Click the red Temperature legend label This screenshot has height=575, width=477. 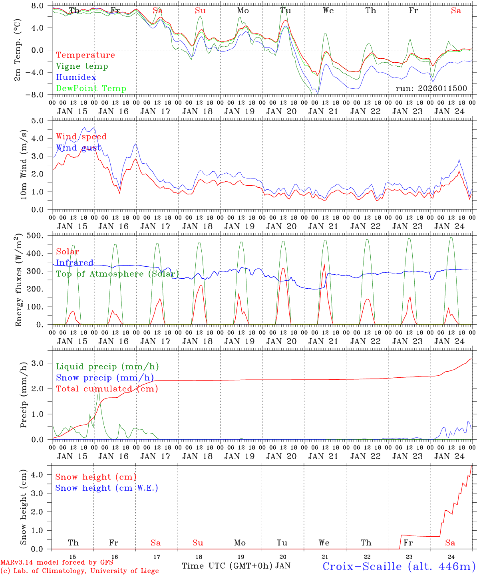85,55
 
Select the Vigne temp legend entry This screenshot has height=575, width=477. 82,66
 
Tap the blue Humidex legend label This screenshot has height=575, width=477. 76,77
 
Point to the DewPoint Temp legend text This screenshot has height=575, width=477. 91,89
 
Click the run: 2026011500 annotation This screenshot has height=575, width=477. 431,89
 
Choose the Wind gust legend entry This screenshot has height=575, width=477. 78,148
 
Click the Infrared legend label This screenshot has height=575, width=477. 75,263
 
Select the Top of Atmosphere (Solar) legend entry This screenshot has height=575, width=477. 117,274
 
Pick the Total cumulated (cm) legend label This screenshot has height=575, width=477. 107,389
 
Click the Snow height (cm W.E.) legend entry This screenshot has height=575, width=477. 107,488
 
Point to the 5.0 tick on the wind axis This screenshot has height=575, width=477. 42,120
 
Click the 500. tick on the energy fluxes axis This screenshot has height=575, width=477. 40,236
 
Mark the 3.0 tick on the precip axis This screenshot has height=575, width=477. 42,363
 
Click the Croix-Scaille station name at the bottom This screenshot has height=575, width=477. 398,566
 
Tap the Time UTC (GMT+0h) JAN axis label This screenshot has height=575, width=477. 236,566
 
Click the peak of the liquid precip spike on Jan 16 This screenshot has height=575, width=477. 98,389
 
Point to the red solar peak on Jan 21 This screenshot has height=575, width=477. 324,265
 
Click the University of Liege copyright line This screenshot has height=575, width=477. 79,571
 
